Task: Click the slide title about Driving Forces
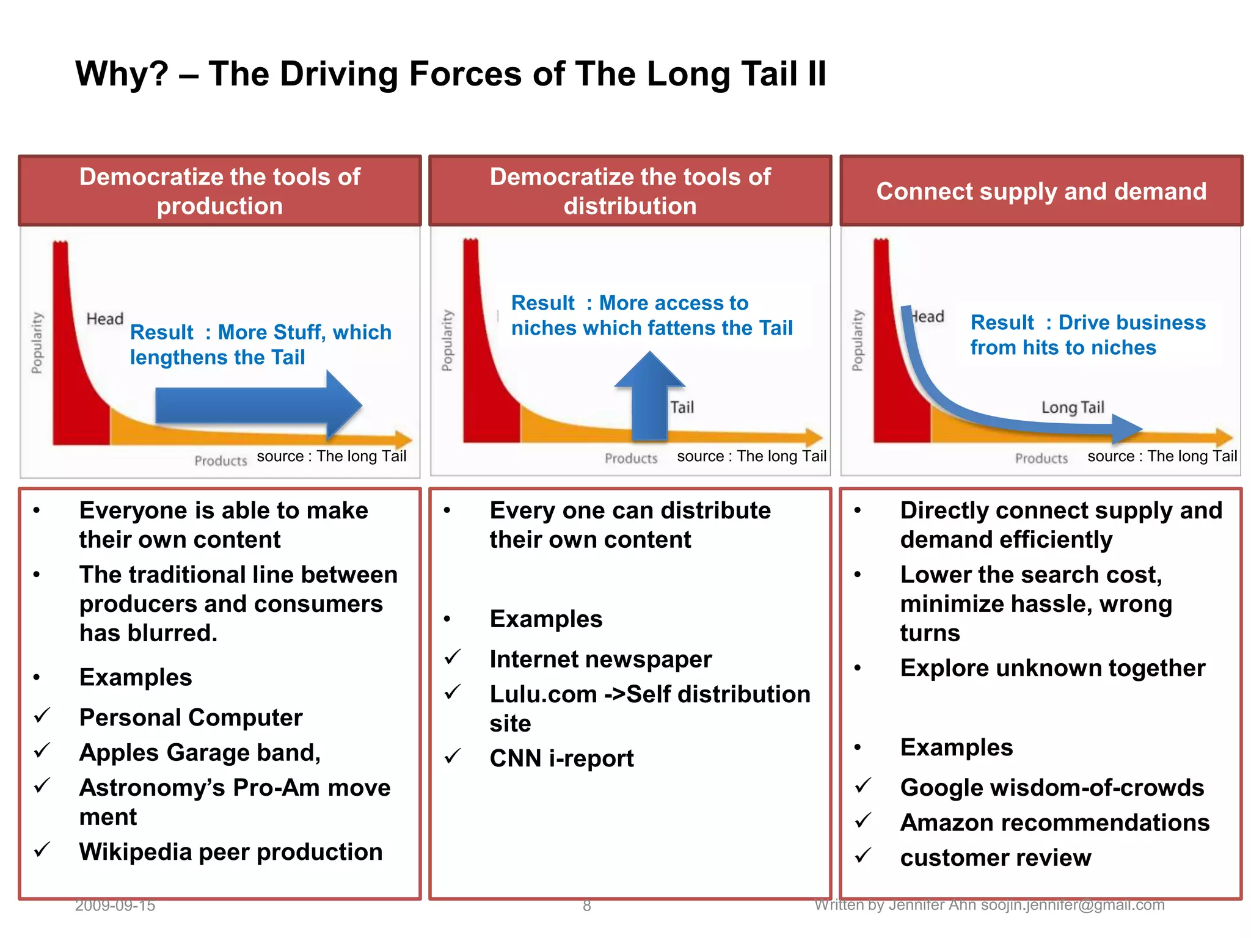pyautogui.click(x=450, y=74)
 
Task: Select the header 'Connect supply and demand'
pyautogui.click(x=1041, y=192)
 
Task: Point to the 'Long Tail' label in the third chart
pyautogui.click(x=1073, y=407)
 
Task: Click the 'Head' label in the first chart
pyautogui.click(x=104, y=319)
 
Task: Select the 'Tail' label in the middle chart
pyautogui.click(x=682, y=407)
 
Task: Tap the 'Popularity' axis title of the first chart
pyautogui.click(x=37, y=343)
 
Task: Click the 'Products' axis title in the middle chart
pyautogui.click(x=631, y=459)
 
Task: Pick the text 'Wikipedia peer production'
pyautogui.click(x=231, y=852)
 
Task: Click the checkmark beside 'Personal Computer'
pyautogui.click(x=42, y=715)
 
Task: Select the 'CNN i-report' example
pyautogui.click(x=561, y=758)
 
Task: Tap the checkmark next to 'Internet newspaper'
pyautogui.click(x=453, y=657)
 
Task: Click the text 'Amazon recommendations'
pyautogui.click(x=1054, y=823)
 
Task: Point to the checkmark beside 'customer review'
pyautogui.click(x=863, y=856)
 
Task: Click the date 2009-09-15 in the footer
pyautogui.click(x=115, y=905)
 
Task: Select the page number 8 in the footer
pyautogui.click(x=586, y=906)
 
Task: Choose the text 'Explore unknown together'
pyautogui.click(x=1052, y=668)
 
